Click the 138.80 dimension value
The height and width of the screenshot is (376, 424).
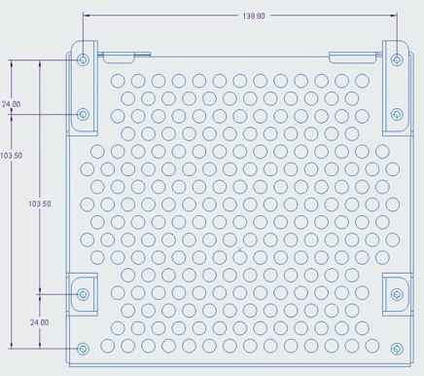[253, 17]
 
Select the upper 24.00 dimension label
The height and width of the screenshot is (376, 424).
[12, 103]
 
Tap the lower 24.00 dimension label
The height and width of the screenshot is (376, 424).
[39, 321]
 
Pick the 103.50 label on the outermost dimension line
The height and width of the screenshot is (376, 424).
[12, 156]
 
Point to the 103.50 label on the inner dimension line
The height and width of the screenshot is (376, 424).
[40, 204]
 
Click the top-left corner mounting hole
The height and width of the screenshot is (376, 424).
[83, 59]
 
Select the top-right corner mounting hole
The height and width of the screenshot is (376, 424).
[397, 59]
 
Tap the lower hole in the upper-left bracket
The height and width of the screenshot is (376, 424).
[83, 114]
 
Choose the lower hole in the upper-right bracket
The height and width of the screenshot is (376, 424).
[397, 114]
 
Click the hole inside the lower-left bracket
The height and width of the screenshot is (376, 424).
[83, 293]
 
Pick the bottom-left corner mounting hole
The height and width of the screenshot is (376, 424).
[83, 348]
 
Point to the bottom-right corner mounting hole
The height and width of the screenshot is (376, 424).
[397, 348]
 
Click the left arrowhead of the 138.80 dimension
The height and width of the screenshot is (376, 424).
[87, 16]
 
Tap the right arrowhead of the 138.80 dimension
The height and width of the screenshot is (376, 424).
[393, 16]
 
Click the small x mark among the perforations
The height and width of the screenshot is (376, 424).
[240, 250]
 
